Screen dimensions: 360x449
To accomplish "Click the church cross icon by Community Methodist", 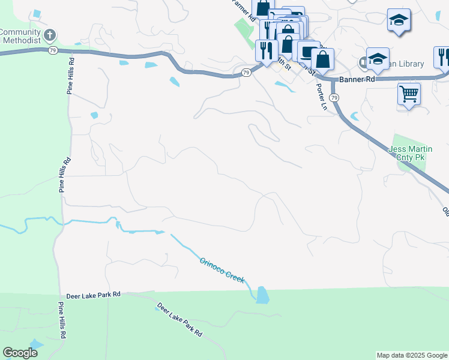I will (x=49, y=35).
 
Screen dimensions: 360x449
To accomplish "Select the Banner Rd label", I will (x=357, y=79).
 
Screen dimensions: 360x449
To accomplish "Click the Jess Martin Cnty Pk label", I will (x=419, y=153).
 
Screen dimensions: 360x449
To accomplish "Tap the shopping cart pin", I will (x=409, y=93).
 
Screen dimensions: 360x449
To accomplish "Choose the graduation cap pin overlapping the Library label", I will (x=378, y=59).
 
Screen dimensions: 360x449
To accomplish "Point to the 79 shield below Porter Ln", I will (x=334, y=97).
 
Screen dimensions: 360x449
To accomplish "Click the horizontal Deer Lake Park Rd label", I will (x=91, y=294).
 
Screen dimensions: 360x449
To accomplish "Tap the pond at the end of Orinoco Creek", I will (x=263, y=295).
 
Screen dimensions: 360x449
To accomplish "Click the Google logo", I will (x=20, y=353).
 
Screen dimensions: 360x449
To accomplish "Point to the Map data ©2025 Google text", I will (x=412, y=355).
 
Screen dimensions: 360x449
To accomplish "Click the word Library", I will (x=411, y=64).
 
